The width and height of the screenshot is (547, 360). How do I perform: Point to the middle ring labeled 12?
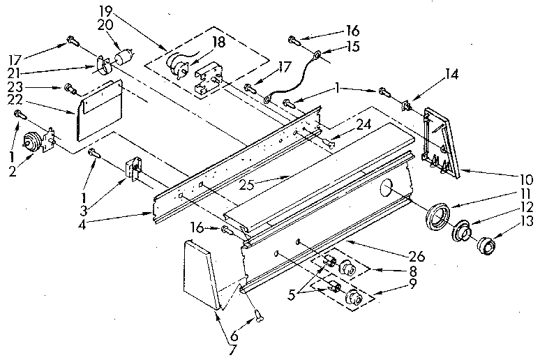461,231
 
